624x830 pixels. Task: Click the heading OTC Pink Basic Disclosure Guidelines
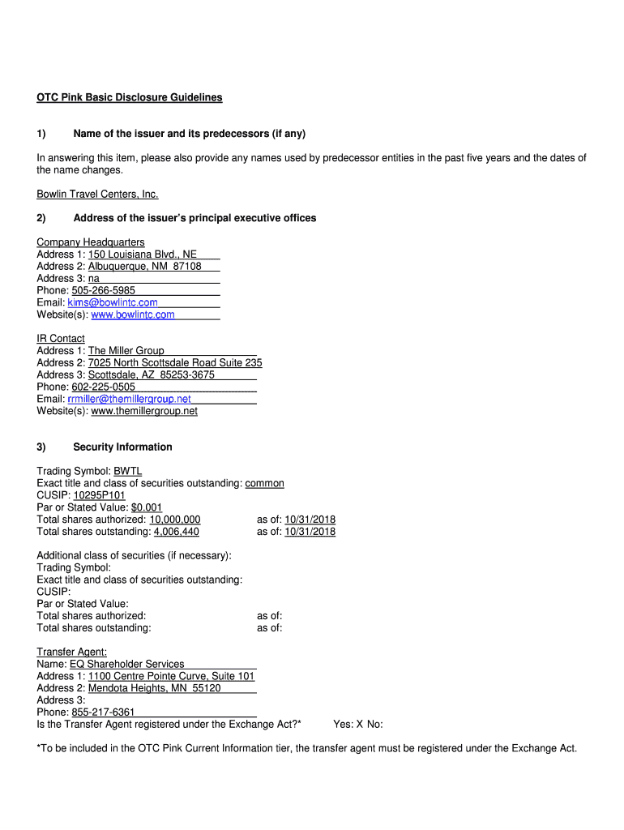(x=129, y=97)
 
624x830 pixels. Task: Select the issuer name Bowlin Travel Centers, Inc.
(x=97, y=194)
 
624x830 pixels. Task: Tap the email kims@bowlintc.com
(x=113, y=302)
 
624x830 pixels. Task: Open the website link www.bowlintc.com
(x=133, y=314)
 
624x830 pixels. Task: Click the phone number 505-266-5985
(x=104, y=290)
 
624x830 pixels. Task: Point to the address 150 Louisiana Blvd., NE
(x=143, y=255)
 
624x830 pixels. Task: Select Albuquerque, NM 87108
(x=144, y=267)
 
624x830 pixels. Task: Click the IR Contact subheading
(x=61, y=339)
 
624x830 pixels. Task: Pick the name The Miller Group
(x=126, y=351)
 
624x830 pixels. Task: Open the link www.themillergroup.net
(x=144, y=411)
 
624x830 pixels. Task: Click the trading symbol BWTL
(x=128, y=471)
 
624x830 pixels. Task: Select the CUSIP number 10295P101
(x=100, y=495)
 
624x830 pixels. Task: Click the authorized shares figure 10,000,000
(x=174, y=520)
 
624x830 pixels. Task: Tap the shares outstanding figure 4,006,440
(x=177, y=532)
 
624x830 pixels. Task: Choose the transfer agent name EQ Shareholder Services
(x=127, y=664)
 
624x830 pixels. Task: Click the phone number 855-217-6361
(x=104, y=712)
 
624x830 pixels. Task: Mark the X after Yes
(x=360, y=724)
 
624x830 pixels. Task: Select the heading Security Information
(x=122, y=447)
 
